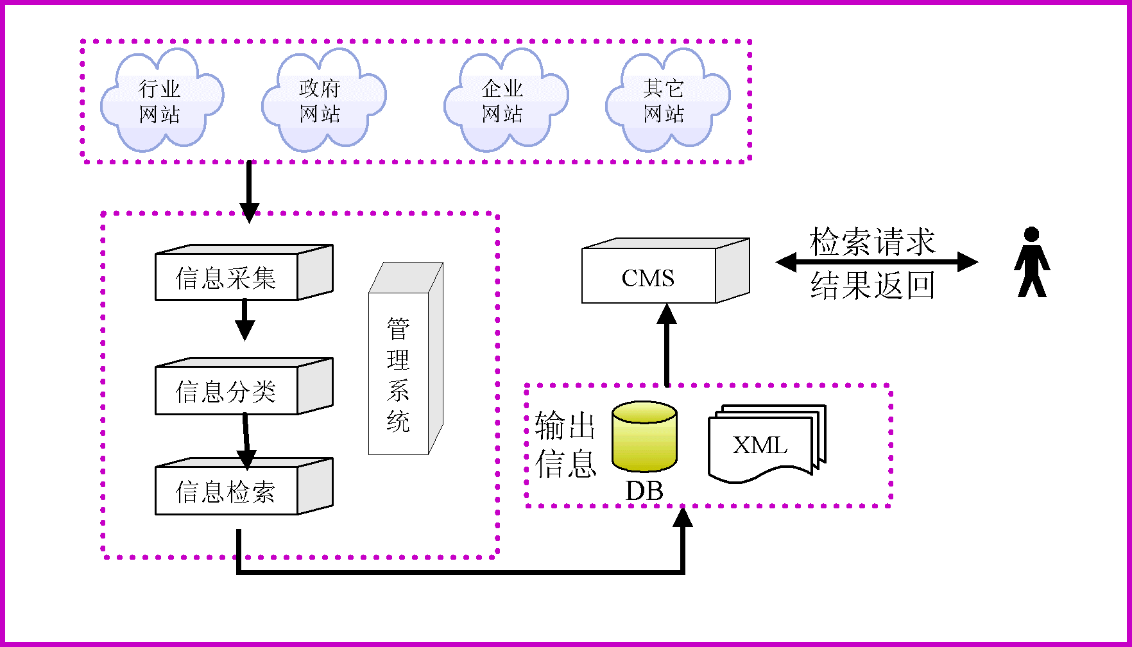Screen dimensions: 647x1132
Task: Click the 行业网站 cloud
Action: pyautogui.click(x=160, y=101)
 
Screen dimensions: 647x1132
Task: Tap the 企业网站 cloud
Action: pyautogui.click(x=504, y=101)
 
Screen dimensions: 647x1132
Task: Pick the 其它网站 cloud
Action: pyautogui.click(x=665, y=101)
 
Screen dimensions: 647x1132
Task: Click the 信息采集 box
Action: pyautogui.click(x=227, y=277)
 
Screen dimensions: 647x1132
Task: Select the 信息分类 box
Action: pyautogui.click(x=227, y=391)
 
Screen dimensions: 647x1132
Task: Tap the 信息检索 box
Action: pyautogui.click(x=227, y=491)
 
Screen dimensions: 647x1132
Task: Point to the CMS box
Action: pyautogui.click(x=648, y=277)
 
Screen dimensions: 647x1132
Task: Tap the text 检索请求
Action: pyautogui.click(x=873, y=242)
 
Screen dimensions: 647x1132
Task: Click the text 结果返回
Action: pyautogui.click(x=873, y=285)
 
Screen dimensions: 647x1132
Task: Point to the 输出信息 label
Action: pyautogui.click(x=565, y=444)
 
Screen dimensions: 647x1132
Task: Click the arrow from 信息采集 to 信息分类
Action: pyautogui.click(x=244, y=320)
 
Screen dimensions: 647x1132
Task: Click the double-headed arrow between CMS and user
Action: pyautogui.click(x=877, y=262)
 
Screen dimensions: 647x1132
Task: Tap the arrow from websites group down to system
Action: pyautogui.click(x=249, y=190)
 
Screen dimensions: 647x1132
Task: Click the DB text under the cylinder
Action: pyautogui.click(x=644, y=491)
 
